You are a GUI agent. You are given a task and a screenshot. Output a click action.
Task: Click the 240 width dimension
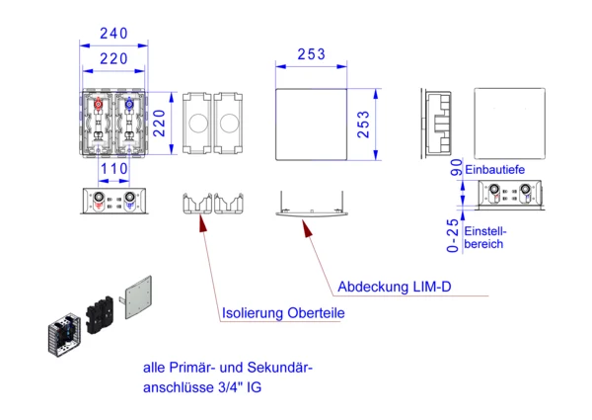pyautogui.click(x=112, y=32)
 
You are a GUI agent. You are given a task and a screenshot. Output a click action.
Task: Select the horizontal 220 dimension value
pyautogui.click(x=112, y=59)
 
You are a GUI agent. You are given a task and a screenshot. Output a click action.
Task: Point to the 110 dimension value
pyautogui.click(x=113, y=169)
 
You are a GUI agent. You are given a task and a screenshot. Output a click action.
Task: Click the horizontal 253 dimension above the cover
pyautogui.click(x=310, y=54)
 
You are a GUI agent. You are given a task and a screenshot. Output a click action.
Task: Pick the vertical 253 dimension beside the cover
pyautogui.click(x=364, y=126)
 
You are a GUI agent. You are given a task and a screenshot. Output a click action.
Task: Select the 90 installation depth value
pyautogui.click(x=456, y=167)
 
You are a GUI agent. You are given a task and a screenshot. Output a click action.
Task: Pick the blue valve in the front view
pyautogui.click(x=127, y=104)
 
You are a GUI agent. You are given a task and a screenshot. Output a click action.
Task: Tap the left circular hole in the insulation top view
pyautogui.click(x=195, y=126)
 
